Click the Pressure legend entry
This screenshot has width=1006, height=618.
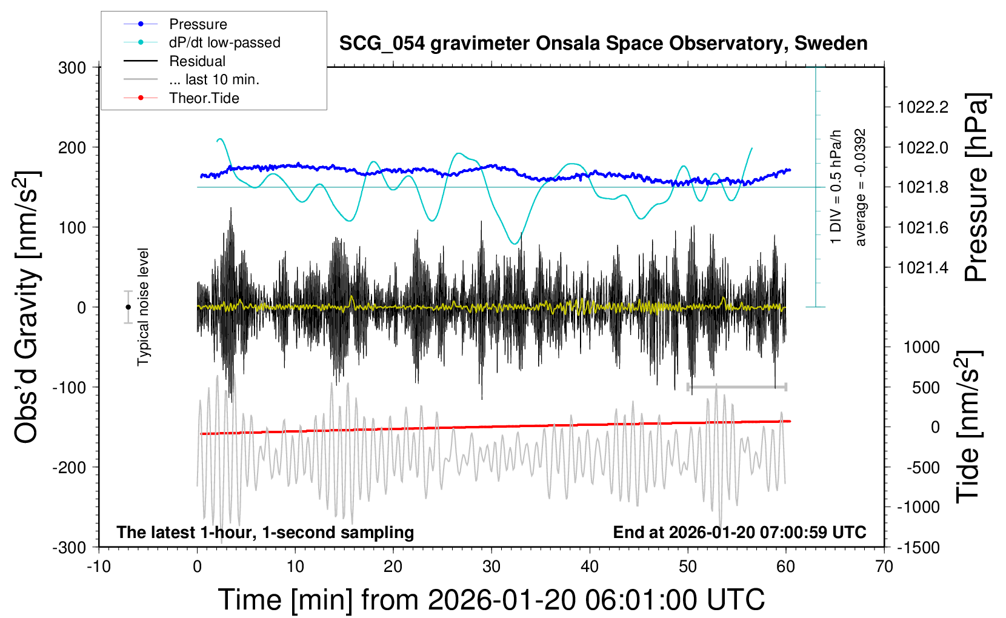click(x=198, y=24)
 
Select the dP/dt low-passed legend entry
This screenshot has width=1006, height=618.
click(x=224, y=43)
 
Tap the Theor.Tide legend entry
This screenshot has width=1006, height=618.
click(x=204, y=98)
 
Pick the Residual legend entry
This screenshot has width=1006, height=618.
click(x=197, y=61)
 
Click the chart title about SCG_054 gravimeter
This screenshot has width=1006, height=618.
click(x=603, y=44)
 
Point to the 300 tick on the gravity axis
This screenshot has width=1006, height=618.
click(x=72, y=68)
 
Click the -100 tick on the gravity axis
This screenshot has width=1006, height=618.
click(x=69, y=388)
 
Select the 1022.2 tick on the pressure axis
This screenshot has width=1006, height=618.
click(x=923, y=108)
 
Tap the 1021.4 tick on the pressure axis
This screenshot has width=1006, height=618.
click(x=923, y=268)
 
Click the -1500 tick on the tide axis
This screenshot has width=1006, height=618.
click(x=918, y=548)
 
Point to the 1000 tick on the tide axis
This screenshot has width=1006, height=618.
click(x=922, y=347)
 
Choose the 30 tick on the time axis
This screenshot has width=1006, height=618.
click(x=491, y=567)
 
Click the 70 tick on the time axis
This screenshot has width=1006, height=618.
click(x=884, y=567)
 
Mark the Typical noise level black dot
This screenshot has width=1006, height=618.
click(x=128, y=307)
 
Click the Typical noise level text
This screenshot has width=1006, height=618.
click(x=143, y=307)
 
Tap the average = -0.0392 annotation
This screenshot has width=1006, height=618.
click(x=861, y=188)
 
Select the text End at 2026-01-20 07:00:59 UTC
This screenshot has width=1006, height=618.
click(x=739, y=533)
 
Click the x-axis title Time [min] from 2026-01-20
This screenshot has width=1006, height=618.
click(x=491, y=600)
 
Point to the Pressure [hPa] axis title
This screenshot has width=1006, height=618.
click(x=976, y=188)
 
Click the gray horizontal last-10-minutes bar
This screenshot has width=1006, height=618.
click(x=736, y=387)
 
